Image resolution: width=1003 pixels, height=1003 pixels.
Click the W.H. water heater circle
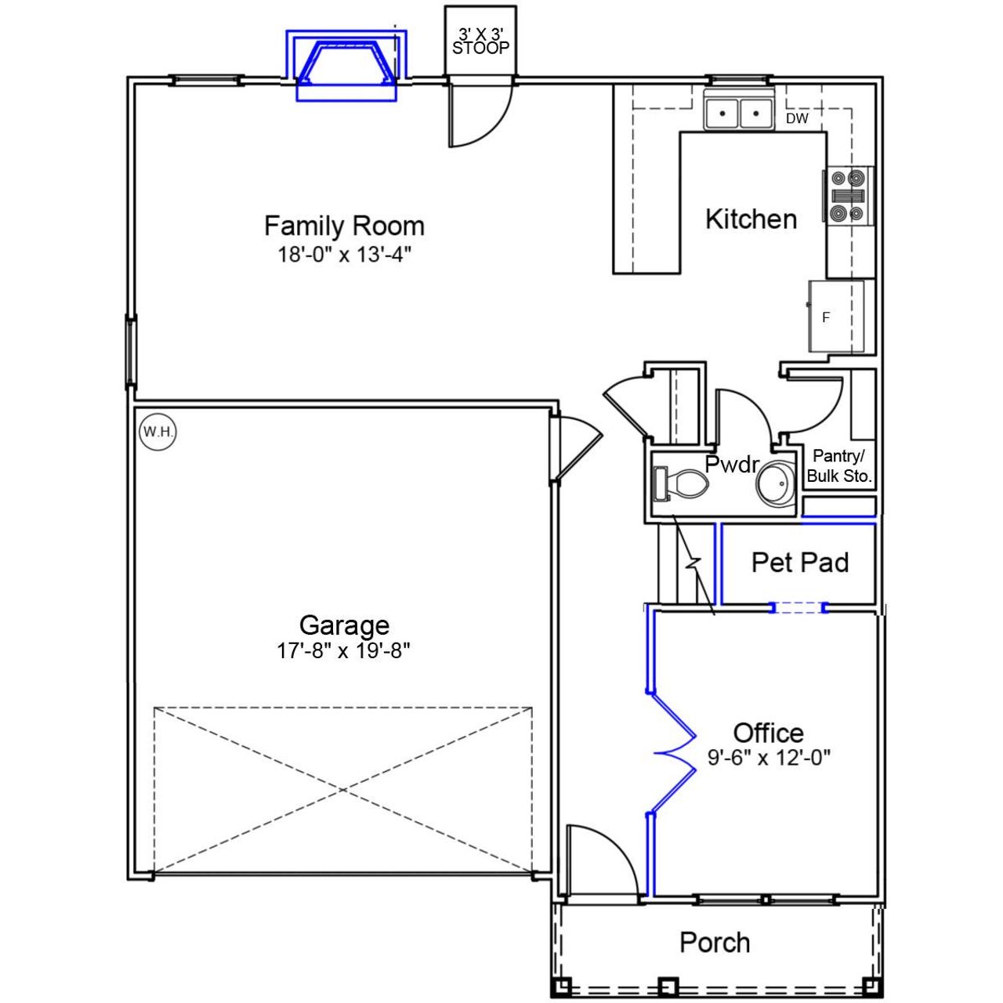coord(158,432)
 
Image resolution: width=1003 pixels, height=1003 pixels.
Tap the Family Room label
coord(344,226)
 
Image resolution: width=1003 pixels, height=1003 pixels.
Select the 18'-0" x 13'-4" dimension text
coord(344,255)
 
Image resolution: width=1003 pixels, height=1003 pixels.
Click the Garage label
coord(344,625)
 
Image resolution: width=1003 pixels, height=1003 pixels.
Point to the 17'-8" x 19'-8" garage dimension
coord(344,651)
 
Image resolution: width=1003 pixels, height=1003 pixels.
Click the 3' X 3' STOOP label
coord(480,42)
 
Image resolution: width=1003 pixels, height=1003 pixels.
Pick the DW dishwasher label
coord(797,119)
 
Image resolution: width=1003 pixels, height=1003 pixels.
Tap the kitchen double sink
coord(739,113)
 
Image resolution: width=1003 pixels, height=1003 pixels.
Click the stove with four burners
coord(847,196)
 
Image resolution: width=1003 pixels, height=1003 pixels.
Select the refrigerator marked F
coord(836,317)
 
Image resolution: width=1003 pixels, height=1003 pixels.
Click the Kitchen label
coord(751,219)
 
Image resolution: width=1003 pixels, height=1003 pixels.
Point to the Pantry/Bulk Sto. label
coord(839,466)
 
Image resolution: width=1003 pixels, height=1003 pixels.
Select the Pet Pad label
coord(800,563)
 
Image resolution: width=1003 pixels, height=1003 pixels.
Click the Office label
coord(768,733)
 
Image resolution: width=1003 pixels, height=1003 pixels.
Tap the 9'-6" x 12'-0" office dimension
coord(769,758)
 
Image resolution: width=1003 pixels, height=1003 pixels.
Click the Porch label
coord(715,942)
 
